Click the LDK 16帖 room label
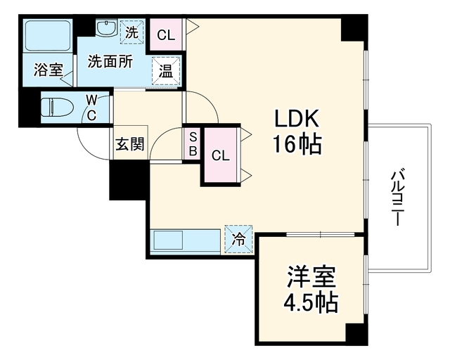coord(297,131)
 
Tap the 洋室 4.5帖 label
coord(311,290)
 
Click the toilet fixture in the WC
coord(56,108)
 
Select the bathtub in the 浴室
coord(48,35)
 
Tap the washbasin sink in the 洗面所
coord(106,28)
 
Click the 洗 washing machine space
coord(131,32)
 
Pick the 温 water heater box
coord(166,71)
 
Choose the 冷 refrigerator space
coord(238,239)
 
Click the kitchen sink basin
coord(169,240)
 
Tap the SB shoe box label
coord(193,144)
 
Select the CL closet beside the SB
coord(220,155)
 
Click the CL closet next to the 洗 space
coord(166,35)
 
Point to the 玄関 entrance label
coord(129,144)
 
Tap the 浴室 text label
coord(49,70)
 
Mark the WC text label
coord(91,108)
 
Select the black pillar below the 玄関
coord(129,180)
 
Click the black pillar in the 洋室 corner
coord(356,333)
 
